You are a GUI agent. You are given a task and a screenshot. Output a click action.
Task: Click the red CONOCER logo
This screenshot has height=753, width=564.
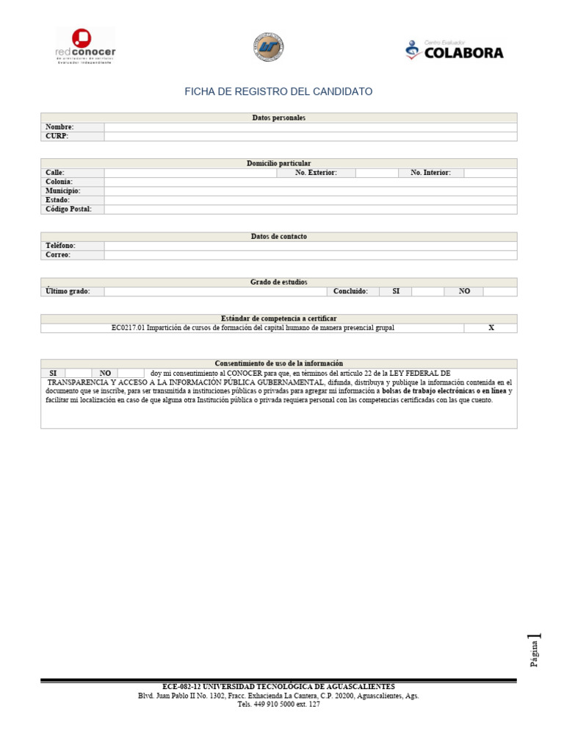pyautogui.click(x=85, y=46)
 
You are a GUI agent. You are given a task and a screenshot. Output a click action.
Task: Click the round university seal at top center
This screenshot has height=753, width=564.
pyautogui.click(x=267, y=46)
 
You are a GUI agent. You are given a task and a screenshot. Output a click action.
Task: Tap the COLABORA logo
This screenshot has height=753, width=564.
pyautogui.click(x=455, y=50)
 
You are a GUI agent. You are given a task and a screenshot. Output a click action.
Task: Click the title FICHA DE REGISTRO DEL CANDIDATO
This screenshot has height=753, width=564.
pyautogui.click(x=278, y=92)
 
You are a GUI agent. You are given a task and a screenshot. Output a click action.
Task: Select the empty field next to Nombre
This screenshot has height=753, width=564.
pyautogui.click(x=310, y=127)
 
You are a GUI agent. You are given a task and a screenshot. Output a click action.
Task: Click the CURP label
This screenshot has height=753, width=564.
pyautogui.click(x=57, y=136)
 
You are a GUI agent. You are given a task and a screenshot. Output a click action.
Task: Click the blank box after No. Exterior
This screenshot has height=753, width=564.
pyautogui.click(x=375, y=173)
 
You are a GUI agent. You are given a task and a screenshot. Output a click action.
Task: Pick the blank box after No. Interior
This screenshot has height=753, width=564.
pyautogui.click(x=490, y=173)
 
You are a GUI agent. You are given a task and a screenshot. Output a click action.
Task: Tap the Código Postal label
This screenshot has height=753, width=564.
pyautogui.click(x=68, y=209)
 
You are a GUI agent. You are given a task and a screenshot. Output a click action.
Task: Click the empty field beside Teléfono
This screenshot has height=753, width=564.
pyautogui.click(x=310, y=246)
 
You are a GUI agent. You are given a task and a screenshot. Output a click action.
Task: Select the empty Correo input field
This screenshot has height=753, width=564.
pyautogui.click(x=310, y=255)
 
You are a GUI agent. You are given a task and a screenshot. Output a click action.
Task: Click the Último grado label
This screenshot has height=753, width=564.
pyautogui.click(x=68, y=291)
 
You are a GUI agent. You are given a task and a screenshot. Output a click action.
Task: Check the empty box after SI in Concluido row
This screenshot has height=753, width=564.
pyautogui.click(x=427, y=291)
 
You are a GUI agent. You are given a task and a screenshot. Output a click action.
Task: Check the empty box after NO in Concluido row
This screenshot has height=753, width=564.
pyautogui.click(x=499, y=291)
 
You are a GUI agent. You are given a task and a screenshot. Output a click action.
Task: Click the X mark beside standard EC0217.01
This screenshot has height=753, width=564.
pyautogui.click(x=491, y=328)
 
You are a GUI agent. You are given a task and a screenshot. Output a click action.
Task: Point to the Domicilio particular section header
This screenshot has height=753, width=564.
pyautogui.click(x=278, y=163)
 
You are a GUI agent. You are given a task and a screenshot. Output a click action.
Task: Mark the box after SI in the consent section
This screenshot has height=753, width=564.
pyautogui.click(x=78, y=373)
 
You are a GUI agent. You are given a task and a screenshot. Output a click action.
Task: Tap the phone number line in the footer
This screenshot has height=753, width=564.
pyautogui.click(x=278, y=704)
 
